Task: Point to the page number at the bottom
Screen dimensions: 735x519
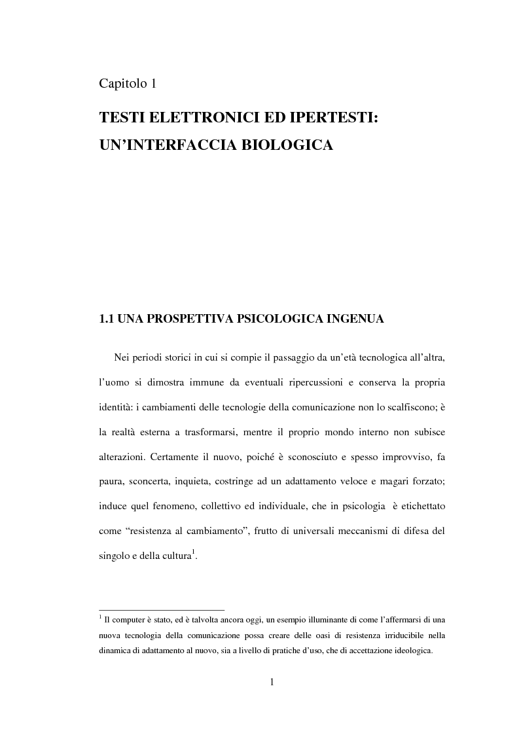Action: (272, 683)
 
